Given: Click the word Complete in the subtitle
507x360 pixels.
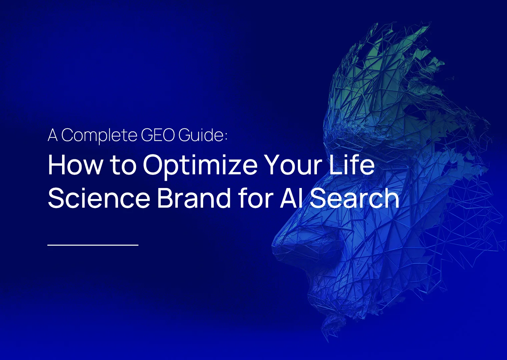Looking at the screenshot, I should tap(99, 135).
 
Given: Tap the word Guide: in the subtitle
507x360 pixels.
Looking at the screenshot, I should tap(203, 135).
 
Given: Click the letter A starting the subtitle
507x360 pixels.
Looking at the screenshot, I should tap(52, 135).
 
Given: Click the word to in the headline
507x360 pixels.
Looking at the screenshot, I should tap(123, 165).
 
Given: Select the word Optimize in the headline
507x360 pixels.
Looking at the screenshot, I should tap(200, 165).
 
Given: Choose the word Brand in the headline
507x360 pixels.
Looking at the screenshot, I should tap(194, 198).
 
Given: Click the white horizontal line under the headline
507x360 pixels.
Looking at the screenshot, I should tap(93, 245).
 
